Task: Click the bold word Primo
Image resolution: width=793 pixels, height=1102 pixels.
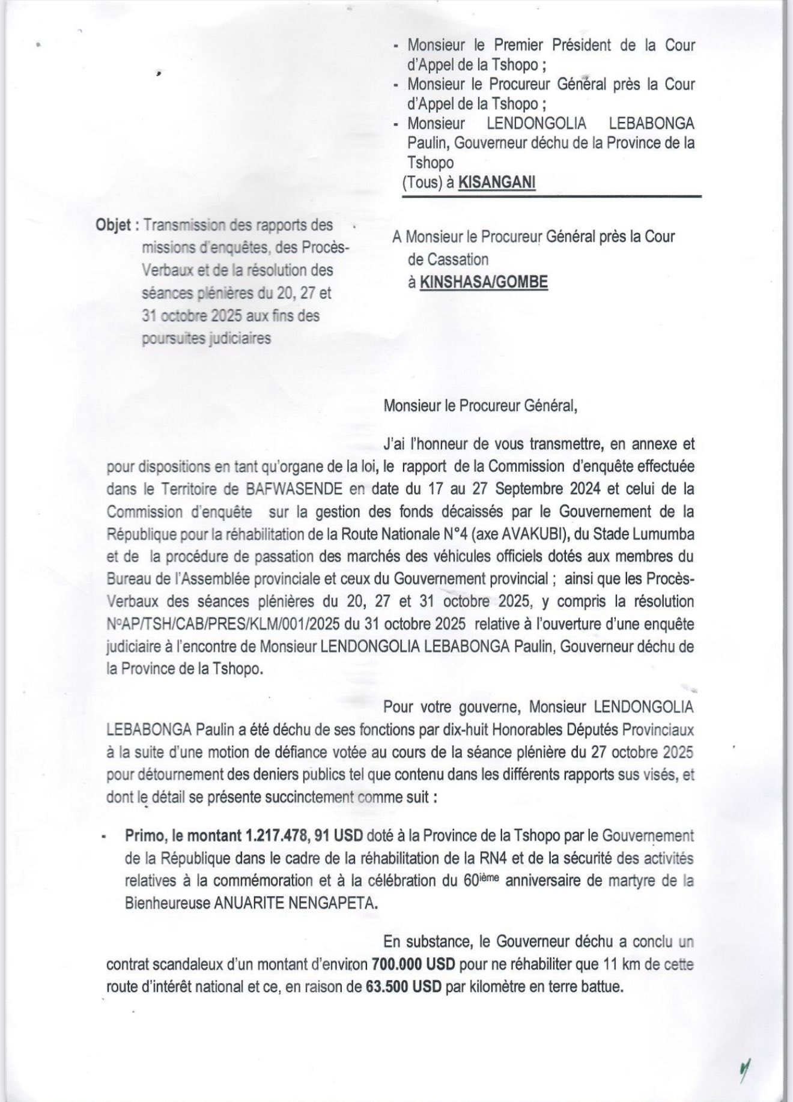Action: pos(144,835)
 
